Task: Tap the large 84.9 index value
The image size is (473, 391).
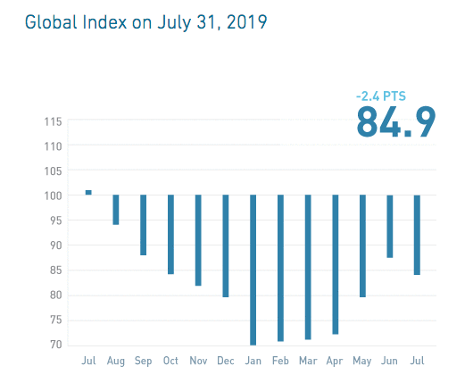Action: pyautogui.click(x=395, y=121)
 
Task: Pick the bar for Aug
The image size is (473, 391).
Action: pyautogui.click(x=116, y=209)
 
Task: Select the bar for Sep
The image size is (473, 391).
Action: pyautogui.click(x=144, y=224)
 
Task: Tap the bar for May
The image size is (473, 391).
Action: pyautogui.click(x=362, y=245)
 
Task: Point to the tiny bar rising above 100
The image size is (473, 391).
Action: pyautogui.click(x=88, y=192)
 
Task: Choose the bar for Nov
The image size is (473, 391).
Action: pyautogui.click(x=198, y=240)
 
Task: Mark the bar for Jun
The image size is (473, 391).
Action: pyautogui.click(x=390, y=226)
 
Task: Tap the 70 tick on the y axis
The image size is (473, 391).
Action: pyautogui.click(x=55, y=345)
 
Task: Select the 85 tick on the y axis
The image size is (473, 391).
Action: pyautogui.click(x=55, y=270)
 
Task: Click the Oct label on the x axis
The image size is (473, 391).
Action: pyautogui.click(x=170, y=362)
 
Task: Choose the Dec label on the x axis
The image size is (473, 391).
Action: pyautogui.click(x=226, y=362)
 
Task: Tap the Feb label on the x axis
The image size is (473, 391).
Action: pyautogui.click(x=280, y=362)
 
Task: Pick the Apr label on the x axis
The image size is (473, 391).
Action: pyautogui.click(x=336, y=362)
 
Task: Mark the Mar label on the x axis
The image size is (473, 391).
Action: pyautogui.click(x=308, y=362)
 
